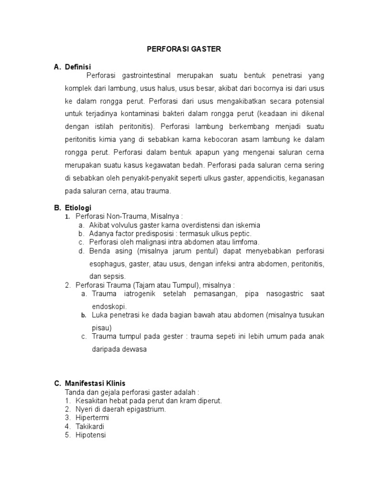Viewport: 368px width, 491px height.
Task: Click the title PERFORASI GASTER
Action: tap(184, 49)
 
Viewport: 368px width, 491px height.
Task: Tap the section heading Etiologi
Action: tap(78, 208)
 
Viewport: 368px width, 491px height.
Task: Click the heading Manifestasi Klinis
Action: tap(95, 383)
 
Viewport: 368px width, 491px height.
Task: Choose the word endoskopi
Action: tap(110, 306)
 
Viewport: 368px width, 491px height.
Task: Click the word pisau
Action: tap(102, 327)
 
